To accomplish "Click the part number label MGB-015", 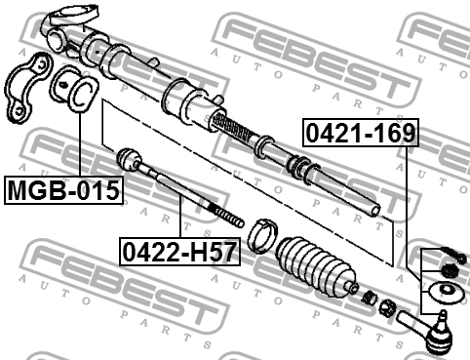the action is (x=63, y=190).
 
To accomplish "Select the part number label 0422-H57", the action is (x=179, y=252).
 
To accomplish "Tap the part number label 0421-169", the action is (x=361, y=133).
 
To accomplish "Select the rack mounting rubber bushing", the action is (x=74, y=89).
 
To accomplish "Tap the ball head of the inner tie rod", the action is (x=129, y=159).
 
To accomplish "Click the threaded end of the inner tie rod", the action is (x=226, y=216).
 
